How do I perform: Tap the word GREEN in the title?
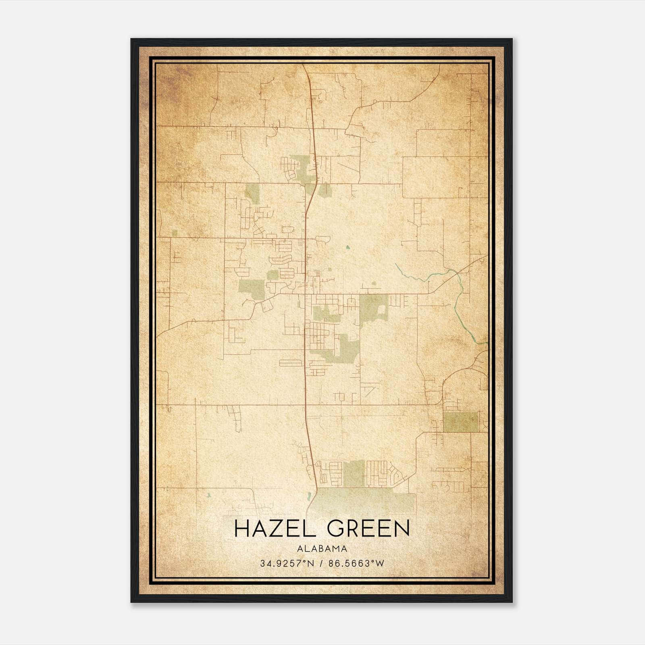click(368, 528)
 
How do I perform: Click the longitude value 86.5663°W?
click(356, 564)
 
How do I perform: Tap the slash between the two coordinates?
click(321, 564)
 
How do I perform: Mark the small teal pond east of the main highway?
click(347, 247)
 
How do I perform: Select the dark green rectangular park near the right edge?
click(461, 422)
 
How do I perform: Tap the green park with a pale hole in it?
click(374, 309)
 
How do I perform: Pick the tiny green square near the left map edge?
click(175, 233)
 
